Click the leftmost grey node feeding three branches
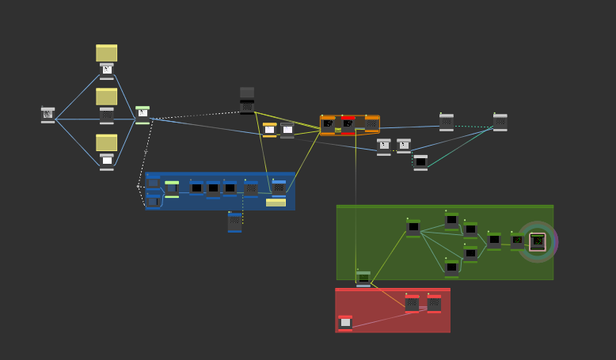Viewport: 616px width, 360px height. [x=48, y=115]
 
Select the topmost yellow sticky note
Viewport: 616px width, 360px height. [x=106, y=53]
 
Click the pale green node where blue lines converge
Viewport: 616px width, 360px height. [x=143, y=115]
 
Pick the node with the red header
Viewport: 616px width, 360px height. [x=348, y=124]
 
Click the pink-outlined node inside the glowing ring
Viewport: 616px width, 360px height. [x=538, y=241]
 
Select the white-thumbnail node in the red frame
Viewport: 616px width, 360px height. [x=345, y=323]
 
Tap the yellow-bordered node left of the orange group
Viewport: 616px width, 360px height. [x=270, y=130]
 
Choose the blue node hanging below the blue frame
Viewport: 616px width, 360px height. [x=234, y=222]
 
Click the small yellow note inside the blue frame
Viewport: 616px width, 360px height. [x=276, y=203]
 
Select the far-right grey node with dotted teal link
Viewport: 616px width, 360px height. [x=500, y=122]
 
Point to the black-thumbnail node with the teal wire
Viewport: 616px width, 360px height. [x=420, y=162]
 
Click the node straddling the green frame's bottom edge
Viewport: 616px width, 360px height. [x=363, y=279]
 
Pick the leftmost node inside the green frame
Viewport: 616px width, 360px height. [x=413, y=228]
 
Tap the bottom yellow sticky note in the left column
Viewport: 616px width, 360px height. [x=106, y=142]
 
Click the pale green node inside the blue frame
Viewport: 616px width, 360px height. [x=172, y=189]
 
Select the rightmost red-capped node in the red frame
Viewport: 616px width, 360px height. [x=434, y=303]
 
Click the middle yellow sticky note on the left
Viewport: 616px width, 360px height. [x=106, y=97]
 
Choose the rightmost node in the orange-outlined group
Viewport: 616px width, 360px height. [x=371, y=124]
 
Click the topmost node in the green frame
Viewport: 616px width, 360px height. [x=451, y=220]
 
